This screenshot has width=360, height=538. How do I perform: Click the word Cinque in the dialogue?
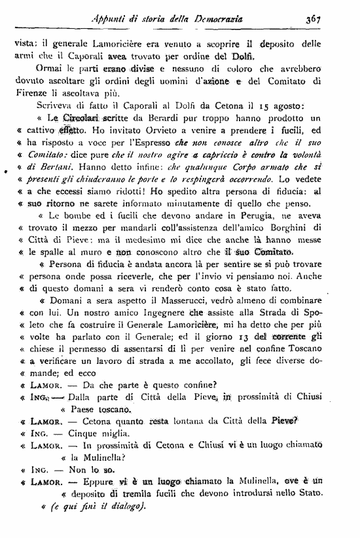(87, 433)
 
